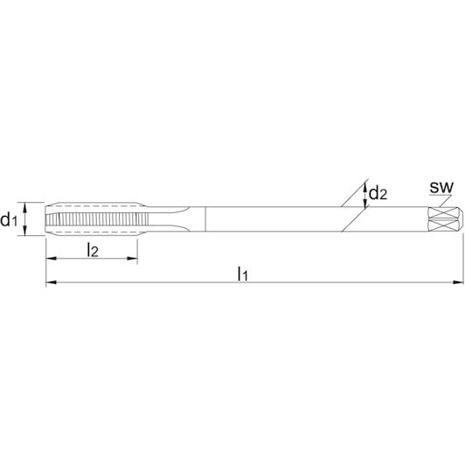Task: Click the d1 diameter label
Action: click(9, 220)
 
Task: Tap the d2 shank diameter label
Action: click(378, 193)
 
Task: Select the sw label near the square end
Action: click(441, 187)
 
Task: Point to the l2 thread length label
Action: click(93, 250)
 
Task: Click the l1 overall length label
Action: click(242, 274)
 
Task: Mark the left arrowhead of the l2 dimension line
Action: click(51, 259)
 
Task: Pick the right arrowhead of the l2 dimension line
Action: click(132, 259)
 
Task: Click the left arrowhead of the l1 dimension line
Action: click(51, 282)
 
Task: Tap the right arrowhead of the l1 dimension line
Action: click(458, 282)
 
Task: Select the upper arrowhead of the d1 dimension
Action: click(24, 207)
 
